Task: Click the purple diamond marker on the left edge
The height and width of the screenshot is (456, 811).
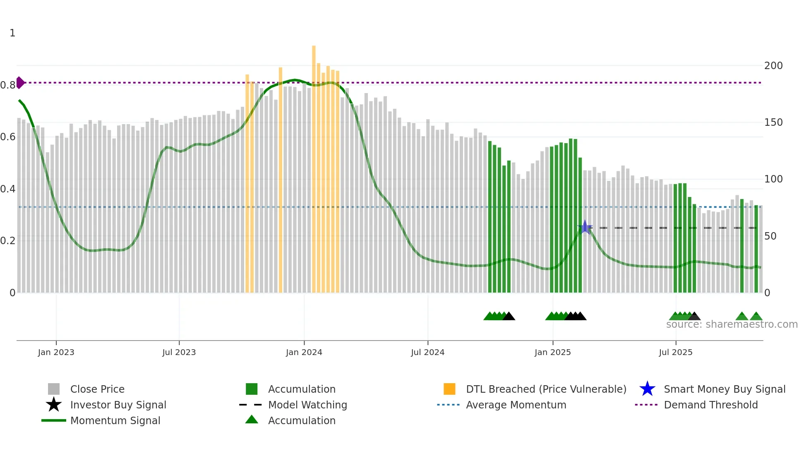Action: pyautogui.click(x=20, y=83)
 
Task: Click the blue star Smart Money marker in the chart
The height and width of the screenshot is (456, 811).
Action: pyautogui.click(x=585, y=227)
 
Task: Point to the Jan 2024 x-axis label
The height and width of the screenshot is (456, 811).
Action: pyautogui.click(x=304, y=352)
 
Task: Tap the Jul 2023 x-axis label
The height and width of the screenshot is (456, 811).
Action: pyautogui.click(x=179, y=352)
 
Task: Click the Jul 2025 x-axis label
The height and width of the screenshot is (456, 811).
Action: pyautogui.click(x=675, y=352)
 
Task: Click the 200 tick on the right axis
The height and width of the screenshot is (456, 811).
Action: pyautogui.click(x=773, y=66)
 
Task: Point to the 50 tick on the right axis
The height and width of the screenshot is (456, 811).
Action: pyautogui.click(x=770, y=236)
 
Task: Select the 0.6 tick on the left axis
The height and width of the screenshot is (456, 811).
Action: pyautogui.click(x=8, y=137)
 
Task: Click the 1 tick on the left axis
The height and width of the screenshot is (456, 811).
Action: pyautogui.click(x=12, y=33)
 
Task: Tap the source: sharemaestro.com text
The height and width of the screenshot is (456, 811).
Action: pyautogui.click(x=732, y=324)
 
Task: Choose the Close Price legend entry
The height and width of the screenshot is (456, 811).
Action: pyautogui.click(x=97, y=389)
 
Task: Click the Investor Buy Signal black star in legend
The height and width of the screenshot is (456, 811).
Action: pyautogui.click(x=54, y=405)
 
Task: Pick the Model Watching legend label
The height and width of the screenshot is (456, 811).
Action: pyautogui.click(x=307, y=405)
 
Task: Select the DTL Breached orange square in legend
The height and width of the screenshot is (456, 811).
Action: pyautogui.click(x=449, y=389)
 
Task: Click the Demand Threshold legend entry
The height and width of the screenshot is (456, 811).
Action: pyautogui.click(x=710, y=405)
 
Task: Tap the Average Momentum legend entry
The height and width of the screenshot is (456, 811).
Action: pyautogui.click(x=516, y=405)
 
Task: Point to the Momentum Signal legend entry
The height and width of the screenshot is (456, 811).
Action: pyautogui.click(x=115, y=420)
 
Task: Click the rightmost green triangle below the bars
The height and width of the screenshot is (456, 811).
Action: pyautogui.click(x=756, y=317)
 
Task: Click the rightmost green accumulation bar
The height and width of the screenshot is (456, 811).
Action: pyautogui.click(x=756, y=248)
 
